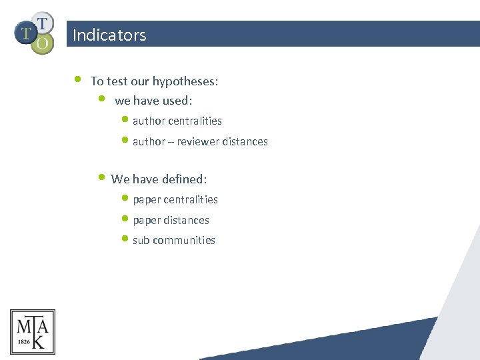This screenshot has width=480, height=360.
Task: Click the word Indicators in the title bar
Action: pyautogui.click(x=109, y=35)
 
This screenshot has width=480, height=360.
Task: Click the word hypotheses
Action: pyautogui.click(x=184, y=81)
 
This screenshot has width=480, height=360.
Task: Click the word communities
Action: pyautogui.click(x=183, y=240)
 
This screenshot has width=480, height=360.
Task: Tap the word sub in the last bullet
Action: pyautogui.click(x=141, y=240)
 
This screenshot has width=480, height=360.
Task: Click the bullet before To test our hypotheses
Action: pyautogui.click(x=77, y=79)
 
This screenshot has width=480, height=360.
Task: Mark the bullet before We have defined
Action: pyautogui.click(x=101, y=177)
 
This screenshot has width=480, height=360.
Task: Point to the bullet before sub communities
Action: pyautogui.click(x=126, y=239)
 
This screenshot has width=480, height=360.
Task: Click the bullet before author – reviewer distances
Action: pyautogui.click(x=126, y=140)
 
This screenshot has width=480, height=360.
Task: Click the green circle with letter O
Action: pyautogui.click(x=42, y=44)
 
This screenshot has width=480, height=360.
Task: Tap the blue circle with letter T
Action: pyautogui.click(x=26, y=32)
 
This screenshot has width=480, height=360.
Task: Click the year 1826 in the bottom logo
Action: pyautogui.click(x=23, y=341)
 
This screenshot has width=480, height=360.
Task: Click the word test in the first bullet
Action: pyautogui.click(x=118, y=81)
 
